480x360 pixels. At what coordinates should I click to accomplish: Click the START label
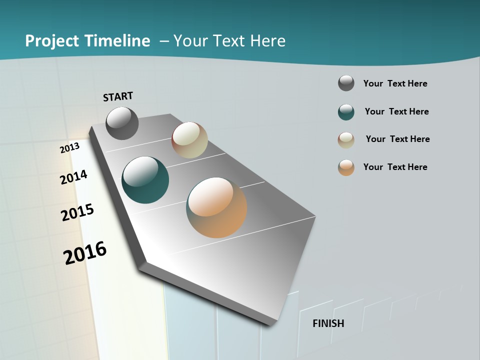pyautogui.click(x=118, y=96)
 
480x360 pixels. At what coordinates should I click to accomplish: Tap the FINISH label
pyautogui.click(x=328, y=323)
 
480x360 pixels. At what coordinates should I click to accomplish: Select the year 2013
pyautogui.click(x=70, y=148)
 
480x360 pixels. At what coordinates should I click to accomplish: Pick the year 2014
pyautogui.click(x=74, y=177)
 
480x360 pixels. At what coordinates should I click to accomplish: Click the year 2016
pyautogui.click(x=85, y=253)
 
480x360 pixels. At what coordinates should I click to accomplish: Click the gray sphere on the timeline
pyautogui.click(x=122, y=123)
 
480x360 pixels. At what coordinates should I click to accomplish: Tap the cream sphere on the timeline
pyautogui.click(x=189, y=140)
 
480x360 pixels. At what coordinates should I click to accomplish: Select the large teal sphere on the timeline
pyautogui.click(x=145, y=180)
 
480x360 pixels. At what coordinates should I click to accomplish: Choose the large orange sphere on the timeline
pyautogui.click(x=216, y=207)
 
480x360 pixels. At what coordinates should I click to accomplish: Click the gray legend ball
pyautogui.click(x=346, y=83)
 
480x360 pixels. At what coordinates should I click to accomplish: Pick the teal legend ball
pyautogui.click(x=346, y=112)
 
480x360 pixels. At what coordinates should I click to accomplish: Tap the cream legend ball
pyautogui.click(x=346, y=140)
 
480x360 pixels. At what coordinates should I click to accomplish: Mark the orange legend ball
pyautogui.click(x=346, y=167)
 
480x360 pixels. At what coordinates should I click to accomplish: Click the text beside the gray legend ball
pyautogui.click(x=395, y=83)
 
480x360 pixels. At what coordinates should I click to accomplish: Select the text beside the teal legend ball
pyautogui.click(x=397, y=111)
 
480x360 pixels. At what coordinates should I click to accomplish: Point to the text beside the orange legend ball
pyautogui.click(x=395, y=167)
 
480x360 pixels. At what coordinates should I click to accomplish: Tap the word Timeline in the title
pyautogui.click(x=118, y=41)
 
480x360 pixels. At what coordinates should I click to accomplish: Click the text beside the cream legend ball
pyautogui.click(x=398, y=139)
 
